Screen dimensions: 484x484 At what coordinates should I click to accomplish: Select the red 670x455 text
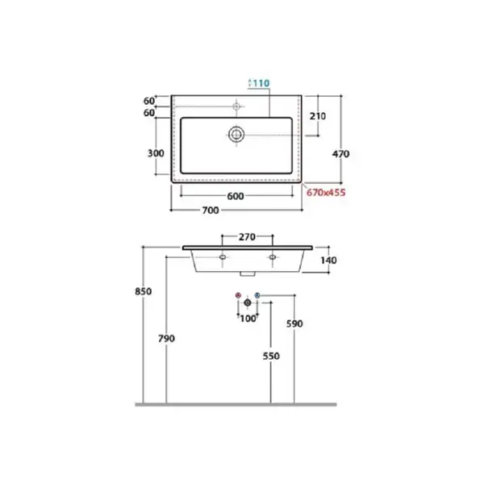326,193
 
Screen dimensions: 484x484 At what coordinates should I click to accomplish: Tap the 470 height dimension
340,154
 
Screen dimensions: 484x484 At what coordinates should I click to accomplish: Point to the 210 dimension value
318,116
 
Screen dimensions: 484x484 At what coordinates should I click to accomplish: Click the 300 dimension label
156,153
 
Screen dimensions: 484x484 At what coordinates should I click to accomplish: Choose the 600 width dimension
236,196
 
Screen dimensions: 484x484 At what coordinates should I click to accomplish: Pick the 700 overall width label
211,211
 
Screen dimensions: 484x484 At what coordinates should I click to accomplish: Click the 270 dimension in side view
248,236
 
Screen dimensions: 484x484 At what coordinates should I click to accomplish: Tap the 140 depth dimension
328,261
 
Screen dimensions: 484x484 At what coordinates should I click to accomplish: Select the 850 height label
144,291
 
